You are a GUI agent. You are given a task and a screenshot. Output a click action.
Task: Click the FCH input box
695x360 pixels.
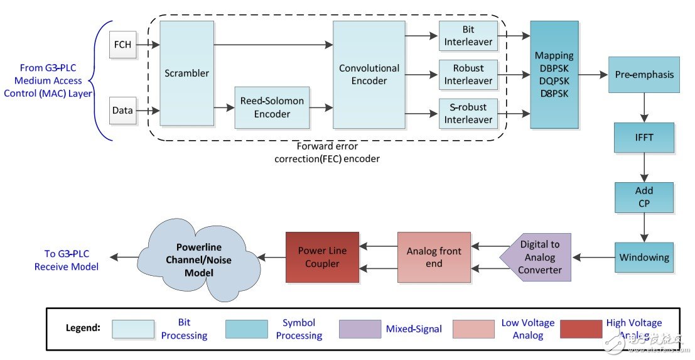point(122,45)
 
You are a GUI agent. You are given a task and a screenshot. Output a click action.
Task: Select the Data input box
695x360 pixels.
point(122,111)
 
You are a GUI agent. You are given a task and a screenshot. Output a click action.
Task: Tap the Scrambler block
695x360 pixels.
point(187,73)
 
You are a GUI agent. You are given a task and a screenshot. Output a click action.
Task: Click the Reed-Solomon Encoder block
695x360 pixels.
point(272,107)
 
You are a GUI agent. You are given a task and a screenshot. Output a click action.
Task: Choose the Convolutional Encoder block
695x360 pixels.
point(369,75)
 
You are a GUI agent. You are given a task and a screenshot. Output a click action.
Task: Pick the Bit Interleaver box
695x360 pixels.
point(468,36)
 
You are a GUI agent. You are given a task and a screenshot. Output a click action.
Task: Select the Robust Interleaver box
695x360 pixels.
point(468,74)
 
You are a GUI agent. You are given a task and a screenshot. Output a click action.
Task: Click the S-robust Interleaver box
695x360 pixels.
point(468,113)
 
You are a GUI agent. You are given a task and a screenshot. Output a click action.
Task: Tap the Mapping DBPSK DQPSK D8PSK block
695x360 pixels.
point(554,75)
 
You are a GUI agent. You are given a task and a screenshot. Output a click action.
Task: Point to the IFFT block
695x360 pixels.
point(644,138)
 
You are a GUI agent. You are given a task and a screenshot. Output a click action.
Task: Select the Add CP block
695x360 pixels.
point(644,197)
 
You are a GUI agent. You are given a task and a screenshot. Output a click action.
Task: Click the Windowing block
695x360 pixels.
point(644,257)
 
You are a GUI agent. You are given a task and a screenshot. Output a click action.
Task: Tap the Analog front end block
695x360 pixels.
point(434,257)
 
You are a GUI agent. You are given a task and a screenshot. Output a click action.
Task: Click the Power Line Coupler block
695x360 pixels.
point(322,257)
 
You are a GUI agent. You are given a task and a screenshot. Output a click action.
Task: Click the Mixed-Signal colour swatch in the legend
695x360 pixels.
point(360,329)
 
